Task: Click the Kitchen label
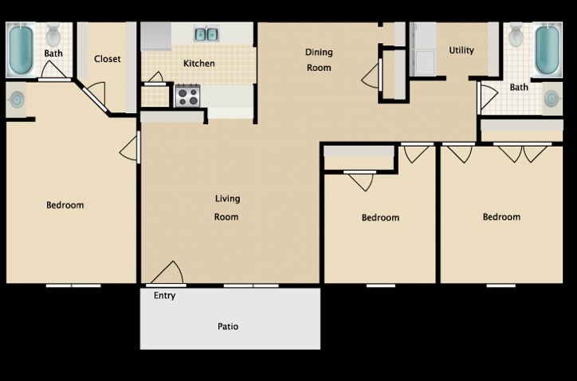pyautogui.click(x=198, y=64)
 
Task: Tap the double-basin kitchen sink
pyautogui.click(x=206, y=34)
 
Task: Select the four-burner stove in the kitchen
pyautogui.click(x=186, y=96)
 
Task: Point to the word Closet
pyautogui.click(x=107, y=59)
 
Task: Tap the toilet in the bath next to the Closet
pyautogui.click(x=53, y=35)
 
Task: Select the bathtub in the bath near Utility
pyautogui.click(x=547, y=49)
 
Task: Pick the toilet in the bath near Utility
pyautogui.click(x=516, y=35)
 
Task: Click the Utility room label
pyautogui.click(x=461, y=50)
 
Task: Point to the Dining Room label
pyautogui.click(x=319, y=60)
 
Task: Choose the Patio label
pyautogui.click(x=228, y=326)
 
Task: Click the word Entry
pyautogui.click(x=164, y=296)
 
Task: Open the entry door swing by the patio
pyautogui.click(x=168, y=274)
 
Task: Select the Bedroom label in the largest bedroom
pyautogui.click(x=65, y=205)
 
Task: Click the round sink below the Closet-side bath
pyautogui.click(x=17, y=100)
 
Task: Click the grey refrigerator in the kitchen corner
pyautogui.click(x=156, y=37)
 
